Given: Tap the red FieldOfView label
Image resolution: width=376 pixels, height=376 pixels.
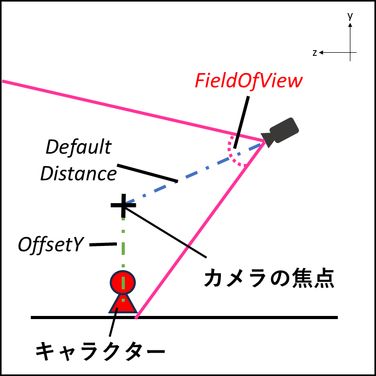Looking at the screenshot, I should click(249, 81).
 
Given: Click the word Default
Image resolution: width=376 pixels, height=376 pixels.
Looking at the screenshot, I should click(78, 148).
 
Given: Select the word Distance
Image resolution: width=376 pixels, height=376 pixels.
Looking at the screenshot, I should click(78, 173).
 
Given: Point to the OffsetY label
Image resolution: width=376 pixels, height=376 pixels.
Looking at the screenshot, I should click(51, 244).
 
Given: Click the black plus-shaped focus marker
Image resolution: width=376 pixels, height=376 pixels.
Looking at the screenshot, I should click(123, 204).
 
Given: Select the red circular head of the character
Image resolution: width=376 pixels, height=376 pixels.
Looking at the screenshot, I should click(123, 282).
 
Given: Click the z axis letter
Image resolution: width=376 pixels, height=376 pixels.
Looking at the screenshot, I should click(315, 53).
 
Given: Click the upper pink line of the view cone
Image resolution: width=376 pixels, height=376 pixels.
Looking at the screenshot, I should click(131, 110).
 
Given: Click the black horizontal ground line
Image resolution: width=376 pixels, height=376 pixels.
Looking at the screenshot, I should click(235, 317).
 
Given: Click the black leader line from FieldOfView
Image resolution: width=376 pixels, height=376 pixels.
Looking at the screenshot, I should click(241, 120).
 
